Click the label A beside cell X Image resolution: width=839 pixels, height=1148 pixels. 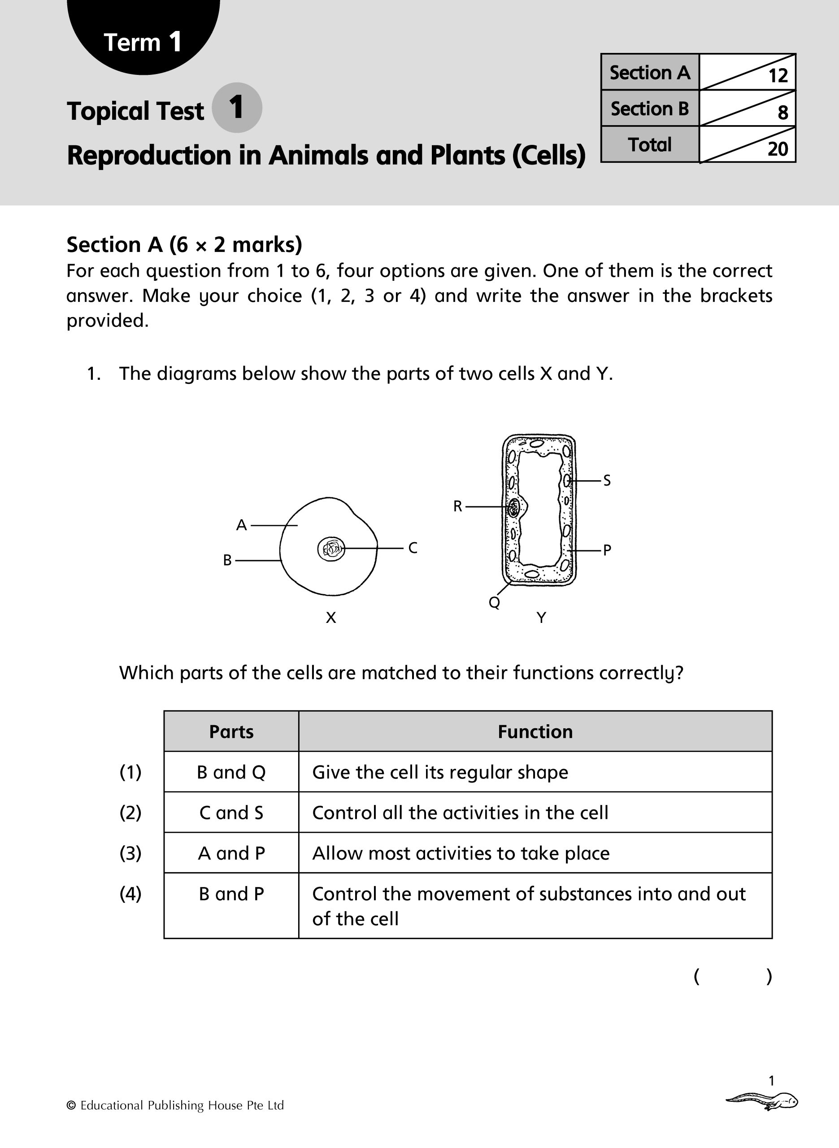pyautogui.click(x=241, y=525)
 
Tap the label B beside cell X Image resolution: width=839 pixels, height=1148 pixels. pyautogui.click(x=227, y=560)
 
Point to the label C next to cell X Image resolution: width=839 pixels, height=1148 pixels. pyautogui.click(x=413, y=548)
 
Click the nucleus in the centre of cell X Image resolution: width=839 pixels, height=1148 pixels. pyautogui.click(x=331, y=548)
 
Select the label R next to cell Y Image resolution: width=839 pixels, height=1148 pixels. pyautogui.click(x=457, y=506)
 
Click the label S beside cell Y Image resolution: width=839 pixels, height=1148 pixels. pyautogui.click(x=607, y=480)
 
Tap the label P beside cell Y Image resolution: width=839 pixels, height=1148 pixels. pyautogui.click(x=607, y=550)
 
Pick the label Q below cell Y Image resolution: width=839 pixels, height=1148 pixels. pyautogui.click(x=494, y=602)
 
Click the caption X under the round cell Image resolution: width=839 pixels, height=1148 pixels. pyautogui.click(x=330, y=618)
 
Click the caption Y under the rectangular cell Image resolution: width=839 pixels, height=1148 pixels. pyautogui.click(x=541, y=618)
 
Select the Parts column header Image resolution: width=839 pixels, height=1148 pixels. pyautogui.click(x=231, y=732)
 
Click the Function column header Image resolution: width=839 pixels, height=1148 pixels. pyautogui.click(x=535, y=732)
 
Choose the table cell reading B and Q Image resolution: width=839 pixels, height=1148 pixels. pyautogui.click(x=231, y=772)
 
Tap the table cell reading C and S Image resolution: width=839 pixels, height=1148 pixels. pyautogui.click(x=231, y=813)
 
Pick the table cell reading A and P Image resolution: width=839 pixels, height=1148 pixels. pyautogui.click(x=231, y=853)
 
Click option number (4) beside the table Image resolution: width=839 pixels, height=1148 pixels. pyautogui.click(x=130, y=894)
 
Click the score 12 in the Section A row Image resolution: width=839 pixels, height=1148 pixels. pyautogui.click(x=778, y=76)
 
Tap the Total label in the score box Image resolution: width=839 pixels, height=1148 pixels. pyautogui.click(x=650, y=145)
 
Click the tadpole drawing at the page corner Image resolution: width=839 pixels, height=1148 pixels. pyautogui.click(x=762, y=1102)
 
